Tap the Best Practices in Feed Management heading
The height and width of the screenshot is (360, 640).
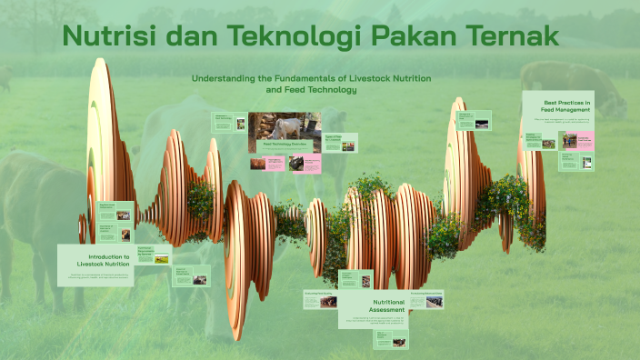point(557,105)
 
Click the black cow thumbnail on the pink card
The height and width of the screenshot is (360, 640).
point(299,163)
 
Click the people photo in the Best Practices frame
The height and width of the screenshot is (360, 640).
point(569,141)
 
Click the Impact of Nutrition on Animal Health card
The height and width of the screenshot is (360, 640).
point(191,276)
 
